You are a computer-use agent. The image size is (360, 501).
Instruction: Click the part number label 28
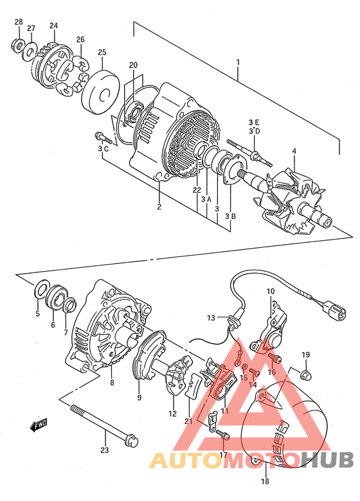click(x=19, y=22)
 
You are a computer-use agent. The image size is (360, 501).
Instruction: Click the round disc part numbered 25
click(x=101, y=92)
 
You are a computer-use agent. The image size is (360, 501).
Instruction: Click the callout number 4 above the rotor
click(x=294, y=151)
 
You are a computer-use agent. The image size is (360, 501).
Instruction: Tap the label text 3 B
click(x=230, y=216)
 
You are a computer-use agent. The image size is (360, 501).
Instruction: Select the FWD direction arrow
click(x=39, y=425)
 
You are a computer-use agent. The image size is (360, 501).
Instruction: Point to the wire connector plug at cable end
click(x=334, y=311)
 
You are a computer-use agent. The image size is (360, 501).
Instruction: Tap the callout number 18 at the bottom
click(x=265, y=481)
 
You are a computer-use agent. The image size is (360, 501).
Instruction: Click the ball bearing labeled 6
click(x=57, y=297)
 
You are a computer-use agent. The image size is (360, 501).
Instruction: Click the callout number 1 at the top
click(x=238, y=62)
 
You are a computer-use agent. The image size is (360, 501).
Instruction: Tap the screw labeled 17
click(x=223, y=435)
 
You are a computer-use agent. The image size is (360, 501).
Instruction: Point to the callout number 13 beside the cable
click(x=211, y=318)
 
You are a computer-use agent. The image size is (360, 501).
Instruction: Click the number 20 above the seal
click(x=133, y=65)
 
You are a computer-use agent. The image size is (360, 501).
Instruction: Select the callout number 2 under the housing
click(x=159, y=207)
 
